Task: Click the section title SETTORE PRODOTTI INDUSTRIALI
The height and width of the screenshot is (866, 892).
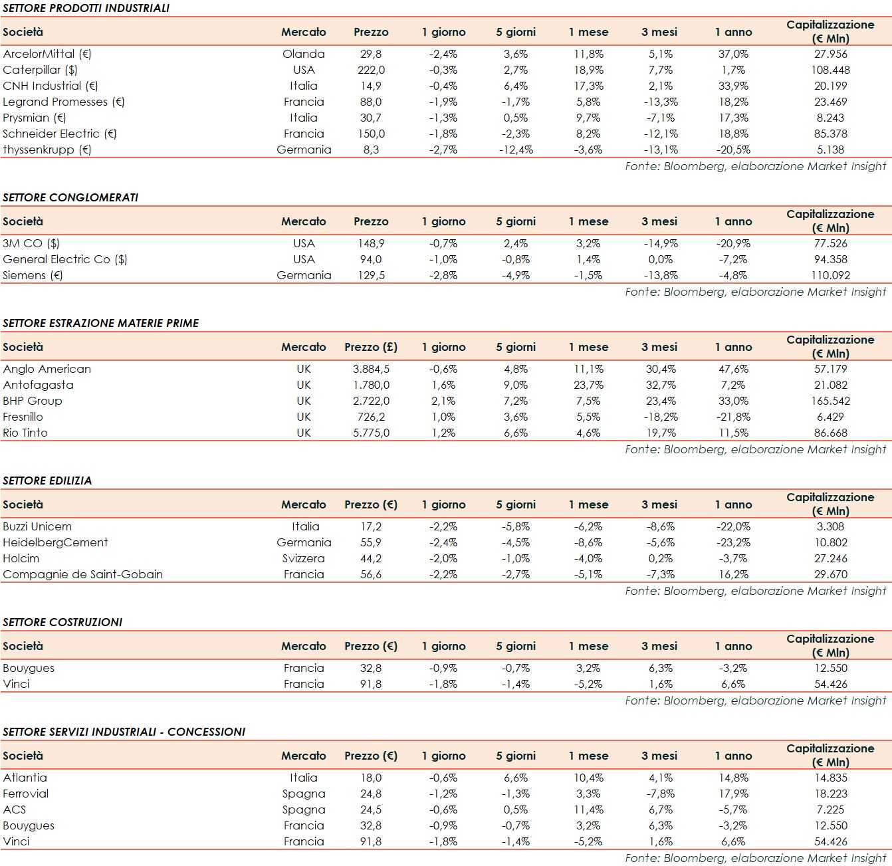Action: (86, 8)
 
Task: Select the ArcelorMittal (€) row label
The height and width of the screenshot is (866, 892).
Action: (47, 54)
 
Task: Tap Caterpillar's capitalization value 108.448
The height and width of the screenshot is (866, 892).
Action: (831, 70)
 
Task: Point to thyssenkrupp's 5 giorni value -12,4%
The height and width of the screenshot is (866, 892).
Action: (516, 150)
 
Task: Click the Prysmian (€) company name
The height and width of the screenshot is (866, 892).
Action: (35, 118)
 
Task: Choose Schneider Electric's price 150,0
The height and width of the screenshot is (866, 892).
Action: (371, 134)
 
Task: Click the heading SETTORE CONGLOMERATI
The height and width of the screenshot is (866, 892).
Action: (70, 197)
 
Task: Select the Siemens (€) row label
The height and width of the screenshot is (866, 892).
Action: (33, 275)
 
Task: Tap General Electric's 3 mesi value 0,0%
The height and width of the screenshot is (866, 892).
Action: (660, 259)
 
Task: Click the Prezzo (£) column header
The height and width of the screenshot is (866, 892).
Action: (371, 347)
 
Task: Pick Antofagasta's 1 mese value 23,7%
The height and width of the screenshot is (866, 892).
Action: (588, 385)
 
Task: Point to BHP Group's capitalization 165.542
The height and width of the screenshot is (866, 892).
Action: (831, 401)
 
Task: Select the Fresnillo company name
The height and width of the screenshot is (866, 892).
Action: (23, 417)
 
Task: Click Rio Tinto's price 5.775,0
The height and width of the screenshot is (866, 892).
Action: (371, 433)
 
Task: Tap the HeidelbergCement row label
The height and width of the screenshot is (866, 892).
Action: (55, 542)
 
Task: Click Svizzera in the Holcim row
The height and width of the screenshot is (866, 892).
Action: (304, 558)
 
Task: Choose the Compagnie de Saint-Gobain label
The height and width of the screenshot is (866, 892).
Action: (83, 574)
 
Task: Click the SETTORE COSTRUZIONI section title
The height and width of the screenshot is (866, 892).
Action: (62, 622)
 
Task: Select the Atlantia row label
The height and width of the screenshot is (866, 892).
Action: (25, 778)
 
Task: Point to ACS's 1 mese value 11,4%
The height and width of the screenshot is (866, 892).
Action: (588, 810)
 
